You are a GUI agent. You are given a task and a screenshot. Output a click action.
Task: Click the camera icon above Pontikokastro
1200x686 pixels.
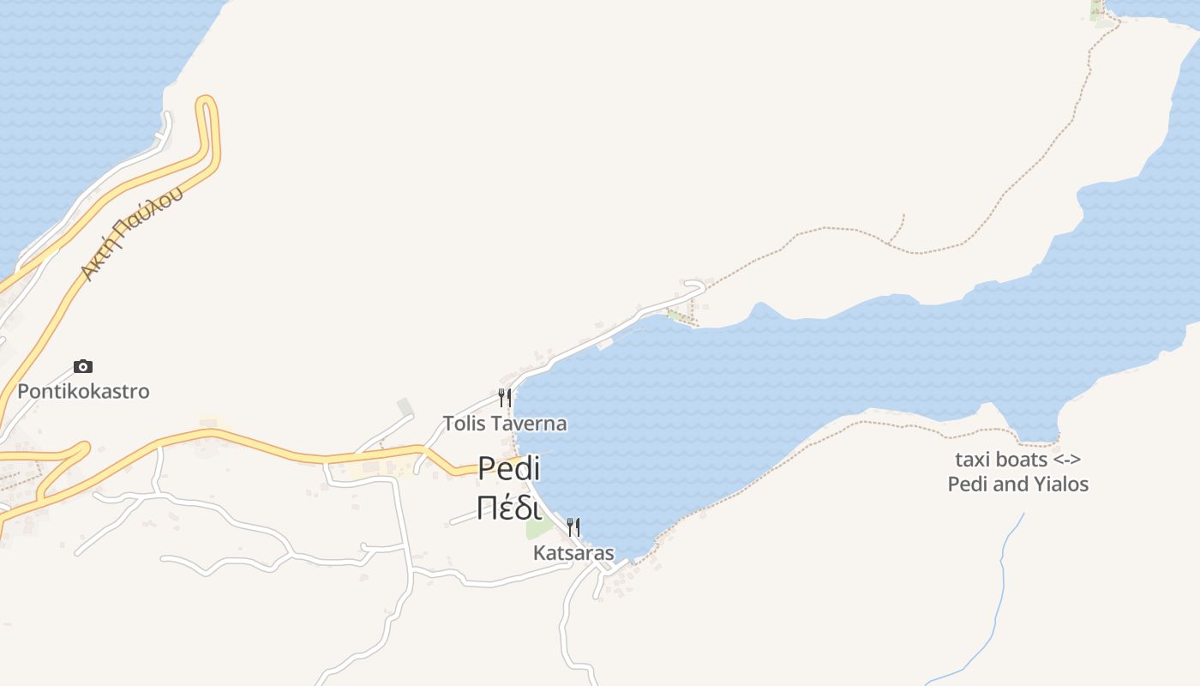(x=83, y=367)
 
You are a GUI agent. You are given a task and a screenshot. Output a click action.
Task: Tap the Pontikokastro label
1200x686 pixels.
(x=83, y=392)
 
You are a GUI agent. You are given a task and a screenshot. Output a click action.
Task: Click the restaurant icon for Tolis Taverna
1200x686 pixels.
(x=505, y=397)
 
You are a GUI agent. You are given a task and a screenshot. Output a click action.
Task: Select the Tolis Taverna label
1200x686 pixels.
(x=505, y=424)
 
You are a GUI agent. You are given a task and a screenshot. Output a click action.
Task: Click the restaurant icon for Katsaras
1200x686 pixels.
(x=573, y=527)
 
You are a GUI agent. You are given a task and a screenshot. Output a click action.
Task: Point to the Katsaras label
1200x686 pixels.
(x=573, y=553)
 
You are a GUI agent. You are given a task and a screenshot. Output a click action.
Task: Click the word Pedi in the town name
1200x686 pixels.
(x=509, y=469)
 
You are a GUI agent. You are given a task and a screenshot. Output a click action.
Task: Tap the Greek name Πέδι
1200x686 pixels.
(x=509, y=508)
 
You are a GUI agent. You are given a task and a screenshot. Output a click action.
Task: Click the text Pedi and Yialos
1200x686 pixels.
(x=1018, y=484)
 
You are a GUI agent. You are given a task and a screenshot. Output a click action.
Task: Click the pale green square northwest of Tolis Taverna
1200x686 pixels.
(x=405, y=406)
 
